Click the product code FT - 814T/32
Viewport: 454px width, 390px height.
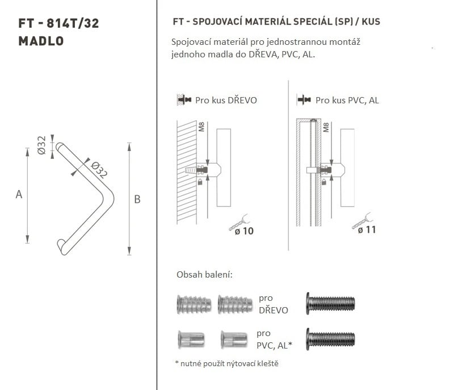pos(58,23)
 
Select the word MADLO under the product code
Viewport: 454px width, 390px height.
pos(41,41)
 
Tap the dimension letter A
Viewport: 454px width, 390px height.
pos(19,194)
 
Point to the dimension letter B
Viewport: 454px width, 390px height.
pos(137,199)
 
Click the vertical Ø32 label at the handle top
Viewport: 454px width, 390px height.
pos(41,145)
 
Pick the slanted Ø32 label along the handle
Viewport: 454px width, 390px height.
pos(99,169)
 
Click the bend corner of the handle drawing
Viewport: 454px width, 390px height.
pos(110,198)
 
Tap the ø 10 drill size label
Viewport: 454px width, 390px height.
pos(244,231)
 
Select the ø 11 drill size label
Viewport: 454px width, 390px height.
pos(367,230)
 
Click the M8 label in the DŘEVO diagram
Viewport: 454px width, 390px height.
pos(201,127)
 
